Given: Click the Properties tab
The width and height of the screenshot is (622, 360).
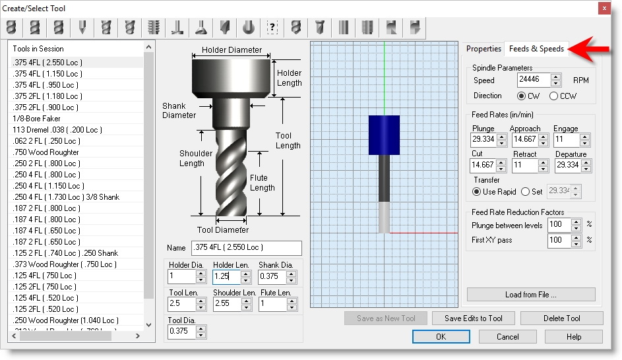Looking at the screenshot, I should [x=483, y=49].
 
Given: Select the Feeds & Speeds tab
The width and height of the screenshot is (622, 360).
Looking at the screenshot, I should [x=536, y=49].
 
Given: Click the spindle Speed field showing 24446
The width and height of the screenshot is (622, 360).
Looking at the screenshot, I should [x=533, y=80].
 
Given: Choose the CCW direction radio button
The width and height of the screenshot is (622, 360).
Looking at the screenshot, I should [x=554, y=96].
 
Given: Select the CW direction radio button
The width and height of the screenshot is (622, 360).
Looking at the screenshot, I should [x=522, y=96].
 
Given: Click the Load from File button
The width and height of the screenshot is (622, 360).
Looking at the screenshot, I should [x=530, y=295].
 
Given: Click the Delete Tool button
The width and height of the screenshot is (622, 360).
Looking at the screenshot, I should [x=561, y=318].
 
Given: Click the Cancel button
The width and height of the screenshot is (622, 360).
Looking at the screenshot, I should [x=507, y=337].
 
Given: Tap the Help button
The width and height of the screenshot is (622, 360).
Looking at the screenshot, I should [x=573, y=337].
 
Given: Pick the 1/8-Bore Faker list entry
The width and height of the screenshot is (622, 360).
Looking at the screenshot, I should [x=37, y=119].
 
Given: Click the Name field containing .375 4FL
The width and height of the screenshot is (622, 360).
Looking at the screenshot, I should [x=245, y=248].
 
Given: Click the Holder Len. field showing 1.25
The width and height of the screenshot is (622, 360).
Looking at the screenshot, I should [x=226, y=276].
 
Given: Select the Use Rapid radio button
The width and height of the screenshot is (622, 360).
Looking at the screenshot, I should [x=477, y=192].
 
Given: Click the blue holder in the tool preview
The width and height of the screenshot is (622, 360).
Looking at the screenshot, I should [x=384, y=135].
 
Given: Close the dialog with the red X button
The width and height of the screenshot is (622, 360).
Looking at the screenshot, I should [x=604, y=8].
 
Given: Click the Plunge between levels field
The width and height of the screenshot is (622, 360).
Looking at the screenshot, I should [x=555, y=225].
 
